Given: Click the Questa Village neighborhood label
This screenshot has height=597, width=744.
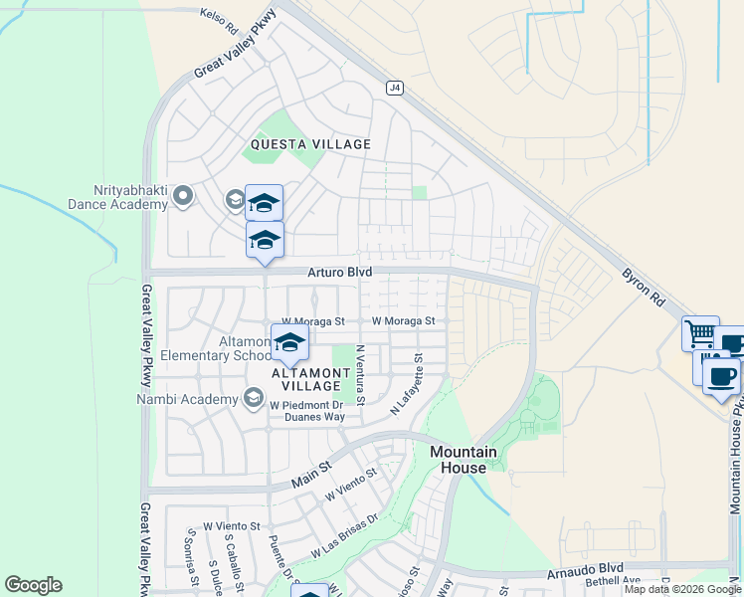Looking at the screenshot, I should (x=310, y=144).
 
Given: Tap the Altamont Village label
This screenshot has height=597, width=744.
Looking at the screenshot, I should (x=310, y=378).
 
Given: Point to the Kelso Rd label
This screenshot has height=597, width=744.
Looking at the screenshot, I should (x=221, y=16).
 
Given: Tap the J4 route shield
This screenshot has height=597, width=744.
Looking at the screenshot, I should (x=395, y=88).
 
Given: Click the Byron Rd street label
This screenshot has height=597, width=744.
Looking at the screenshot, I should (x=643, y=286).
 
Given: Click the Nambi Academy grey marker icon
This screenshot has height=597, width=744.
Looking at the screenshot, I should (x=254, y=400).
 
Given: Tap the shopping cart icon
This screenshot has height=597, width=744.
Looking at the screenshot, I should (x=700, y=333).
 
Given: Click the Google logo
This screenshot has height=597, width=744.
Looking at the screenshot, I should (x=33, y=585).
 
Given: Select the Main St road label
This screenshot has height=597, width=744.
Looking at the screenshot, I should (x=310, y=482).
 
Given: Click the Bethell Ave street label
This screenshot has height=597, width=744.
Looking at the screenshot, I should (x=615, y=580).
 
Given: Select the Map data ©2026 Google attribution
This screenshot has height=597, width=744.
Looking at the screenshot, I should (x=682, y=589).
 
